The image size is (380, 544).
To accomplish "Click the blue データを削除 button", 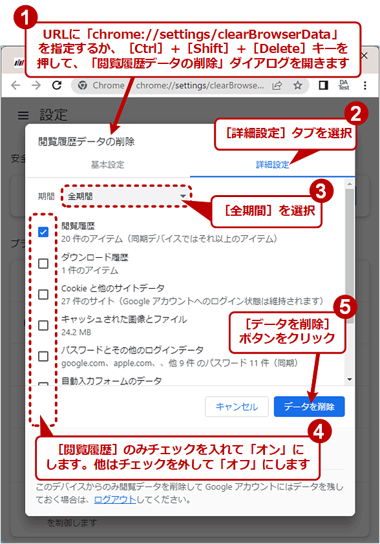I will pyautogui.click(x=309, y=406).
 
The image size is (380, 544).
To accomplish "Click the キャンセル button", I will pyautogui.click(x=237, y=406).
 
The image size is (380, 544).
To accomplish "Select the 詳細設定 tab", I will pyautogui.click(x=273, y=165).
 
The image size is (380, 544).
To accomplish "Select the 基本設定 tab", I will pyautogui.click(x=107, y=165).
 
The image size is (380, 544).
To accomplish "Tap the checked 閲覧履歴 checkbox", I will pyautogui.click(x=43, y=233).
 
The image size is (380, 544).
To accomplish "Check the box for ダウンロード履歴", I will pyautogui.click(x=43, y=264).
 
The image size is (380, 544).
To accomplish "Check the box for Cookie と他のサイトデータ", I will pyautogui.click(x=43, y=295).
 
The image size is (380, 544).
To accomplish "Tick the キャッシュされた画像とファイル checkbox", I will pyautogui.click(x=43, y=326).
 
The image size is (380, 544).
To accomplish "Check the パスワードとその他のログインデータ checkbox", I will pyautogui.click(x=43, y=356).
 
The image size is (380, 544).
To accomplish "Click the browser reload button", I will pyautogui.click(x=57, y=85).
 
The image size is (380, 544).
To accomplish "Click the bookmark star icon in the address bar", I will pyautogui.click(x=297, y=85).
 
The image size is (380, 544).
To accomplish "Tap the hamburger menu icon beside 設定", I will pyautogui.click(x=23, y=115).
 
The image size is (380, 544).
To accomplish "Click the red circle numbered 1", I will pyautogui.click(x=25, y=16).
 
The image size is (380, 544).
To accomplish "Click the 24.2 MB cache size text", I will pyautogui.click(x=75, y=332).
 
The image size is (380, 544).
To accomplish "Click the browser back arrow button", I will pyautogui.click(x=16, y=85).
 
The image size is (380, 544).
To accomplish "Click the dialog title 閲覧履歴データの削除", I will pyautogui.click(x=87, y=141).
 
